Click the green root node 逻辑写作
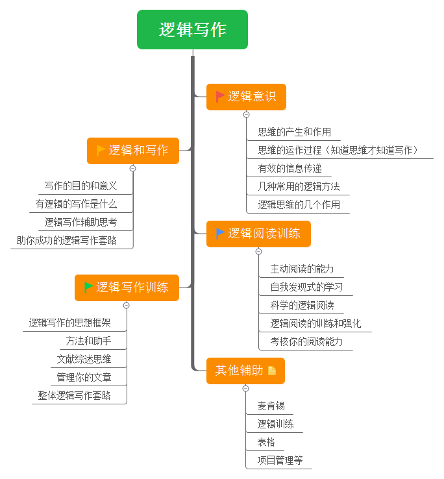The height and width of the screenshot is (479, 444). pos(192,30)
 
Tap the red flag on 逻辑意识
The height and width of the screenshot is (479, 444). pos(220,97)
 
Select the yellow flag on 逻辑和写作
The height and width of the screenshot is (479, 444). pos(101,151)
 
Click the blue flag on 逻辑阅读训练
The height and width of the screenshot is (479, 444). pos(220,234)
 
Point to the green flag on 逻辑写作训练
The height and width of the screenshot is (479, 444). pos(88,287)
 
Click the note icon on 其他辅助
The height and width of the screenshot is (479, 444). pos(271,370)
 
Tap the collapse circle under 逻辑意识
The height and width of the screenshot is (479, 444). pos(246,114)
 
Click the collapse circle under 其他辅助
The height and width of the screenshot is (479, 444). pos(245,388)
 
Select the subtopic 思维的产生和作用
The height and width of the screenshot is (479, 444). pos(295,132)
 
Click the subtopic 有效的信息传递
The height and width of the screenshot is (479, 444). pos(290,168)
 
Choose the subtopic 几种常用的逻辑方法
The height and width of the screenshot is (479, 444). pos(299,186)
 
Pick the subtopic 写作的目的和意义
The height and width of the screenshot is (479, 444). pos(80,186)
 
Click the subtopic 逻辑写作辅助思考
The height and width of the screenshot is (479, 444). pos(80,222)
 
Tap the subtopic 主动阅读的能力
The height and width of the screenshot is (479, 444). pos(302,269)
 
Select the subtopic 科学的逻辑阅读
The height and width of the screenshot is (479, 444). pos(302,305)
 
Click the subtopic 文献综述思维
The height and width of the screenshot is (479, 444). pos(84,359)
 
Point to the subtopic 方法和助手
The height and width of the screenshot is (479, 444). pos(88,341)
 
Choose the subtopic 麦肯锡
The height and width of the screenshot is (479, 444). pos(271,406)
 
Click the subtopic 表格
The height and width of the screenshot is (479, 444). pos(266,442)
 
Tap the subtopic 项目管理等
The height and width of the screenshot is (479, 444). pos(280,460)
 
